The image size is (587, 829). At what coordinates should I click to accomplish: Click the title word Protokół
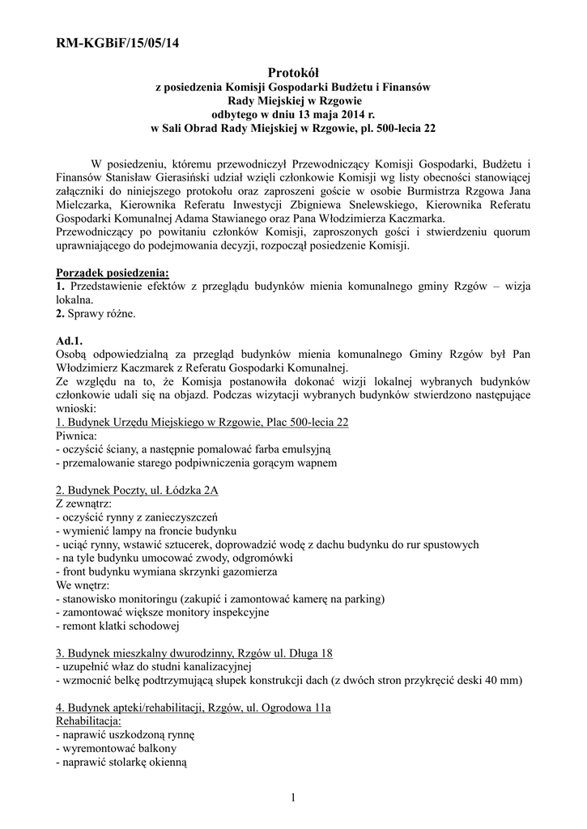point(294,74)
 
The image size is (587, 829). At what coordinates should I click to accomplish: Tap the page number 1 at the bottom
point(293,800)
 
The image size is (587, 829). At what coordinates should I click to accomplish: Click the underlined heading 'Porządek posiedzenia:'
point(113,273)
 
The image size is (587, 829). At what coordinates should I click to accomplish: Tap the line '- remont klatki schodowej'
point(117,625)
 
